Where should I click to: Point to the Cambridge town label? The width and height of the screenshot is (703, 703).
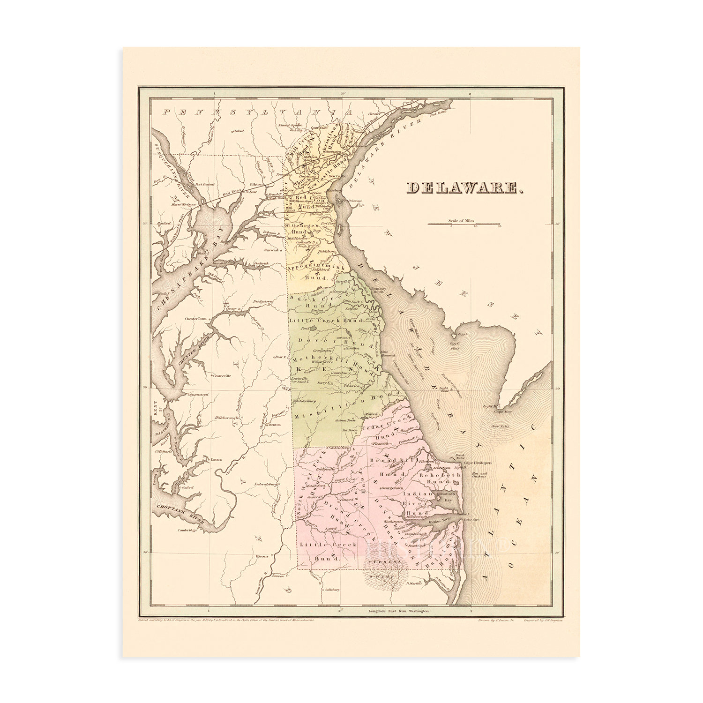[186, 531]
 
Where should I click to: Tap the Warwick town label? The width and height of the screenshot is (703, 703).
[272, 250]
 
